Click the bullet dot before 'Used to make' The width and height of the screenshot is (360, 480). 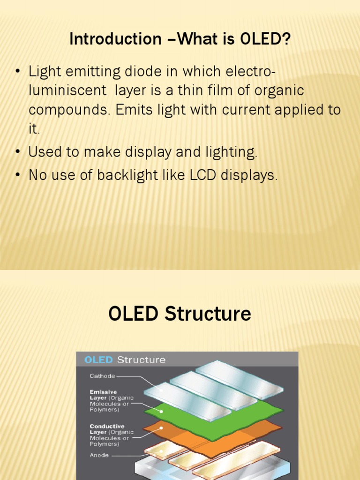(18, 152)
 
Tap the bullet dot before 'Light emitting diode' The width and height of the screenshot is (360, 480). (18, 72)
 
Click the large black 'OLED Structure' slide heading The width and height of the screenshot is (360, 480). (180, 314)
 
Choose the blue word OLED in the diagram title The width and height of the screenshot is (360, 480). (98, 360)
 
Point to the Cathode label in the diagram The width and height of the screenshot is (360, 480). (103, 375)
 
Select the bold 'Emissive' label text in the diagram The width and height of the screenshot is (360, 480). (103, 392)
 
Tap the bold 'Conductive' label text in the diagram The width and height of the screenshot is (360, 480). (106, 426)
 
